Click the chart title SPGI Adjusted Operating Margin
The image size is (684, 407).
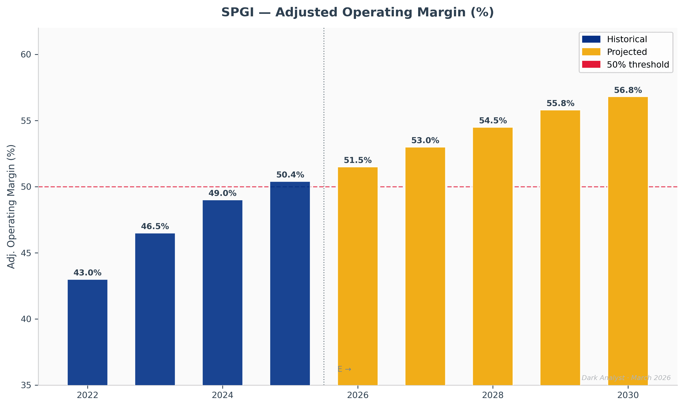click(357, 13)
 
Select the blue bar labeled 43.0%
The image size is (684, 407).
click(88, 332)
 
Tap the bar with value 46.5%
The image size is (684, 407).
click(155, 309)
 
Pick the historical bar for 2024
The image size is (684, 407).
click(222, 292)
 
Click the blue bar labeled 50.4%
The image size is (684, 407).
click(290, 283)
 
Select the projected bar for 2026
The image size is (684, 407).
click(358, 276)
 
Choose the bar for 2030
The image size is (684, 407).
click(628, 241)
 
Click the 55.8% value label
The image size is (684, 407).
click(560, 103)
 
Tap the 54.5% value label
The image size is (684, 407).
click(493, 121)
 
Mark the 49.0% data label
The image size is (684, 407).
click(222, 193)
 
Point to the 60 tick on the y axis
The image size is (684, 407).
click(26, 55)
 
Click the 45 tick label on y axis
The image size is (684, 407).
click(26, 253)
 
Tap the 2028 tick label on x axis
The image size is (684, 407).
click(493, 395)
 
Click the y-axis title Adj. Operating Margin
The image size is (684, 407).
click(11, 206)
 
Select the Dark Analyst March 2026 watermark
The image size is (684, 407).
click(626, 378)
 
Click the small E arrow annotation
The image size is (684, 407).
click(344, 369)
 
